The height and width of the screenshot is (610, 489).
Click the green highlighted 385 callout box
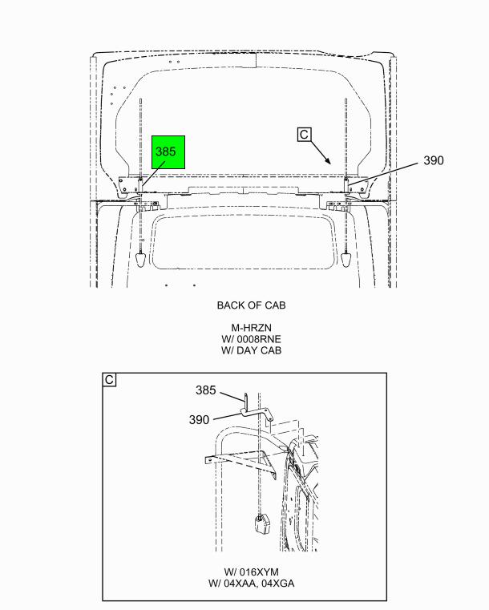(x=168, y=152)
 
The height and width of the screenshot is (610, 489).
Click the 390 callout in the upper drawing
(x=434, y=160)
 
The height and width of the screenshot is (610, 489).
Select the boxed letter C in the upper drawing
(x=304, y=135)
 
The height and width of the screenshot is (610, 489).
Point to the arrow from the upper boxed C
(x=321, y=152)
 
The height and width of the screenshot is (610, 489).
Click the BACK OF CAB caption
(x=251, y=305)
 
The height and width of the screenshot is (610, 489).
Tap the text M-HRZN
(x=251, y=328)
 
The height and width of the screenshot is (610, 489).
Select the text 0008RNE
(x=259, y=339)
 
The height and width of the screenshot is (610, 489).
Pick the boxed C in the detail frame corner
(x=109, y=379)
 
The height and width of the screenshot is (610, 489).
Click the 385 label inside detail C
(x=205, y=390)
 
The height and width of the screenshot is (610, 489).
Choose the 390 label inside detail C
(x=199, y=420)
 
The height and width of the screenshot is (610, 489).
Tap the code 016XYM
(x=259, y=572)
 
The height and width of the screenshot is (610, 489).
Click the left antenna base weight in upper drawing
(x=140, y=260)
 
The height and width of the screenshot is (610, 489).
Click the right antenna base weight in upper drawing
(x=346, y=260)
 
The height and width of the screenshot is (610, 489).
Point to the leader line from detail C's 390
(x=227, y=416)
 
